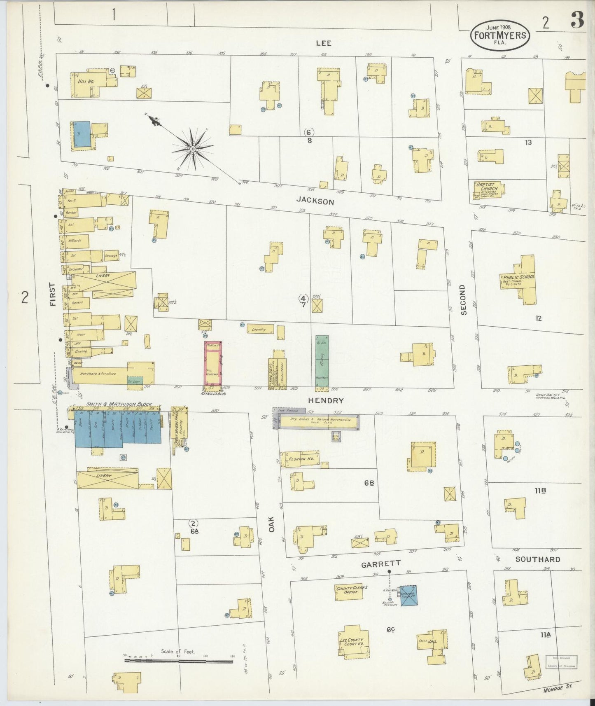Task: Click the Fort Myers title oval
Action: coord(500,35)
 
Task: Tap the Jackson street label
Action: coord(315,201)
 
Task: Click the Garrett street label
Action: coord(380,564)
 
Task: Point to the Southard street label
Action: coord(538,559)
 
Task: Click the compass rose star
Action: coord(192,148)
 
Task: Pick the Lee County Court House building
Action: coord(353,643)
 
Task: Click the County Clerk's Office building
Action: coord(351,591)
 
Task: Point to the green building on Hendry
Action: coord(322,362)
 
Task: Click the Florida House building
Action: coord(300,459)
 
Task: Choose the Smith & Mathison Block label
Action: coord(119,404)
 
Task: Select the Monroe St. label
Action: coord(558,687)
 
